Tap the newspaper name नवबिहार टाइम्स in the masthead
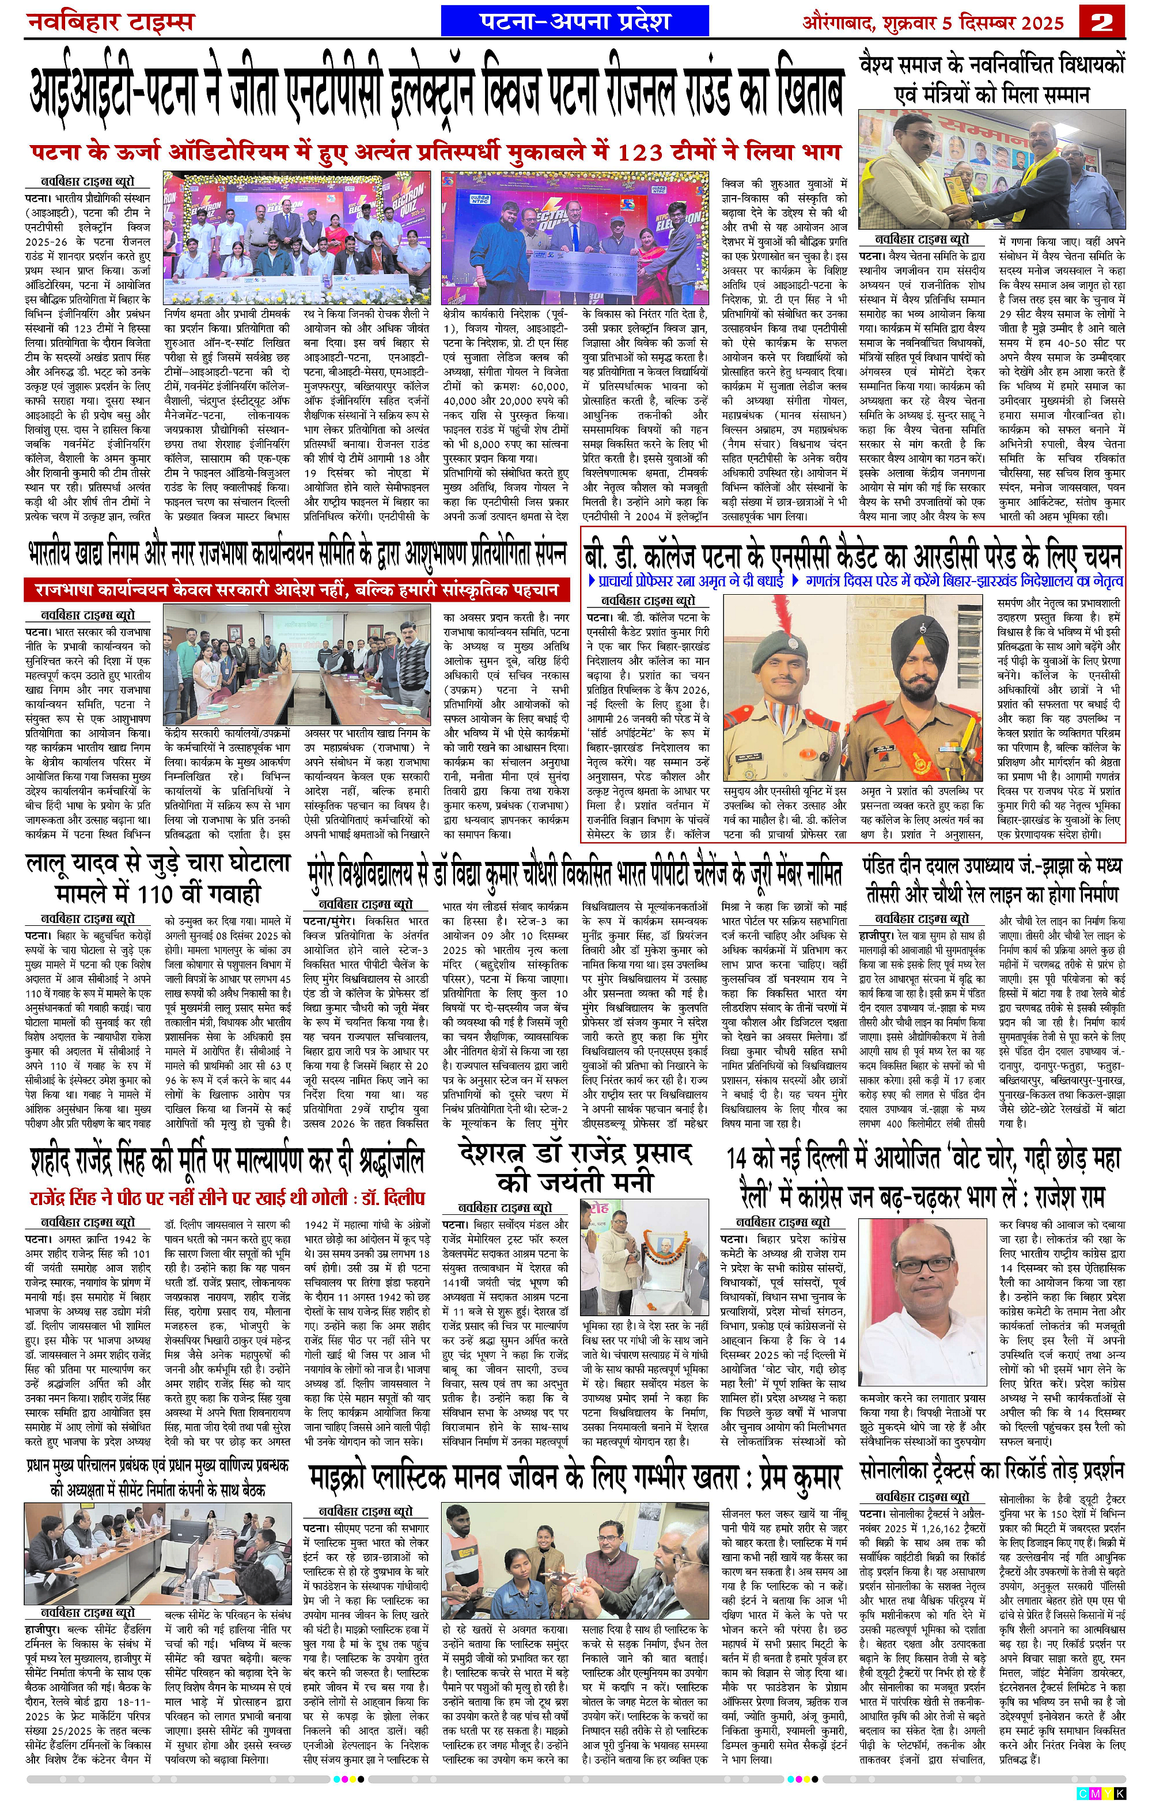tap(110, 20)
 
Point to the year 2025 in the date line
tap(1040, 21)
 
